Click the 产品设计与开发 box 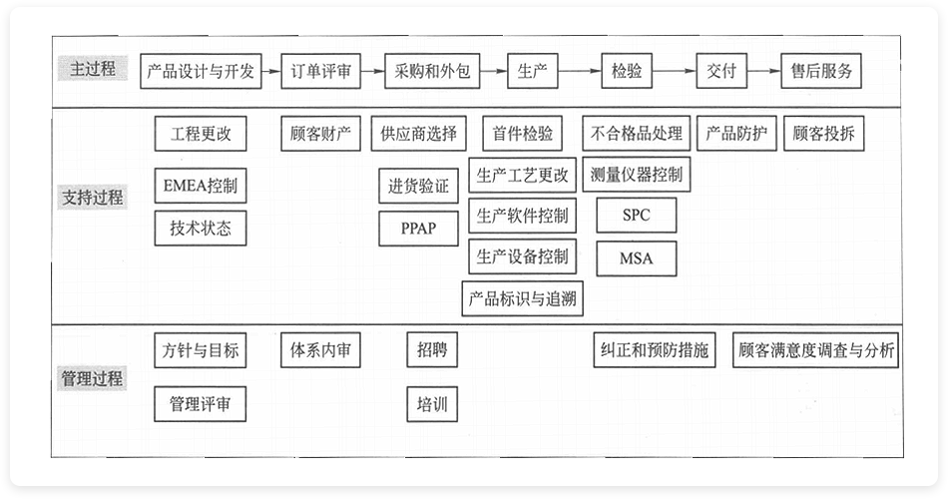[x=201, y=71]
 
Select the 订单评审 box [x=320, y=71]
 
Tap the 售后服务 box [x=819, y=71]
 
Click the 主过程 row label [x=93, y=69]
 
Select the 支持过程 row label [x=93, y=197]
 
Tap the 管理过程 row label [x=93, y=378]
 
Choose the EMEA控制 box [x=201, y=186]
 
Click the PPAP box [x=419, y=228]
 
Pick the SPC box [x=636, y=215]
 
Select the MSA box [x=636, y=258]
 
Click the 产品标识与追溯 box [x=522, y=297]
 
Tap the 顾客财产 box [x=320, y=134]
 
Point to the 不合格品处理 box [x=637, y=134]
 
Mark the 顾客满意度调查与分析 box [x=815, y=350]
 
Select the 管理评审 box [x=201, y=404]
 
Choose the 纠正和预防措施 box [x=655, y=350]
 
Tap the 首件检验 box [x=522, y=134]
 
